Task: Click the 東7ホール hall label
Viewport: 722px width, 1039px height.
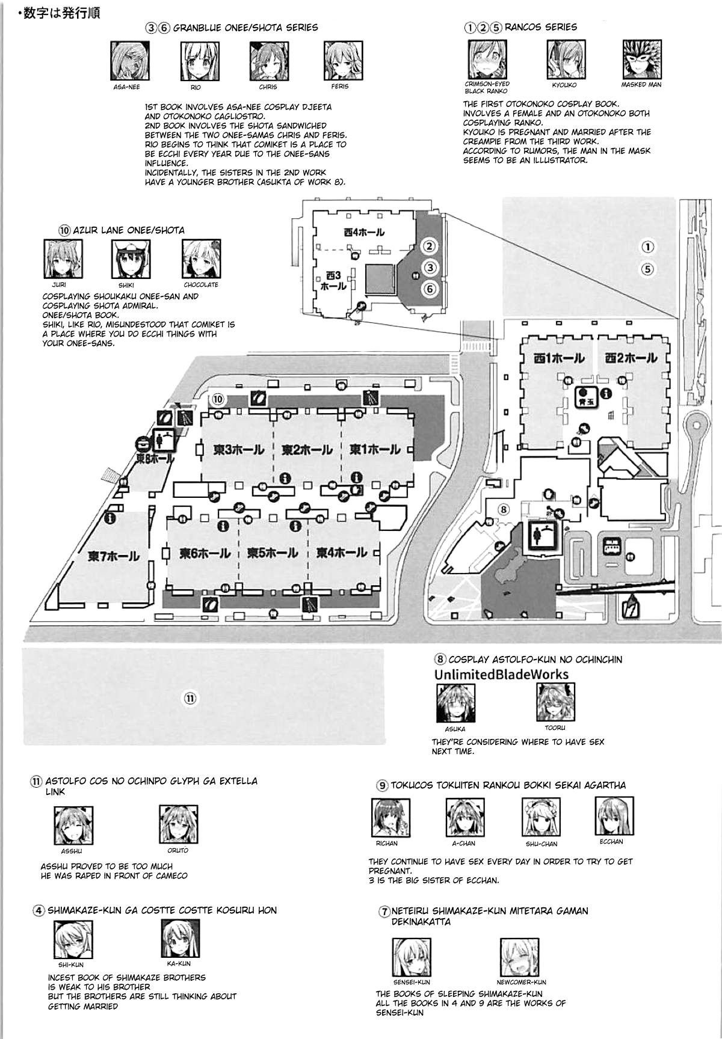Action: [114, 556]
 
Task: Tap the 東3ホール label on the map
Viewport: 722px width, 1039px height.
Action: [238, 450]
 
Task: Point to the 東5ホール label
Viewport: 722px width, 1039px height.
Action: [273, 553]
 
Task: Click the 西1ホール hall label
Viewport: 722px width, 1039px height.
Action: [559, 358]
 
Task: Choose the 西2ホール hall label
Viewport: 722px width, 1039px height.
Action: [631, 358]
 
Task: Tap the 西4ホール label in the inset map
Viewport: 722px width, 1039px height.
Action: [364, 232]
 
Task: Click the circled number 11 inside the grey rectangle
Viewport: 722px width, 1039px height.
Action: [190, 698]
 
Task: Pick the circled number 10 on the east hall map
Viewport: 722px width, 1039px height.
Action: [218, 399]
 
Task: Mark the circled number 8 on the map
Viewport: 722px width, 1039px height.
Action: [504, 509]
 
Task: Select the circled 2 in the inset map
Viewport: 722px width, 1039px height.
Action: [428, 246]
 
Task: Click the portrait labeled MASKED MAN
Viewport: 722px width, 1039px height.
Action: [642, 60]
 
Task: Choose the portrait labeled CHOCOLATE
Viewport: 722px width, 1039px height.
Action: [201, 259]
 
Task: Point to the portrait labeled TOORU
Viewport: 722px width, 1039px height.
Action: [555, 702]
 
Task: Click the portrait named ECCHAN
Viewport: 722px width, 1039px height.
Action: [614, 816]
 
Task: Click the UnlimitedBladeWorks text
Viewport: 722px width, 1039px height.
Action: [501, 675]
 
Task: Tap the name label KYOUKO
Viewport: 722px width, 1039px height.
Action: [564, 85]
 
